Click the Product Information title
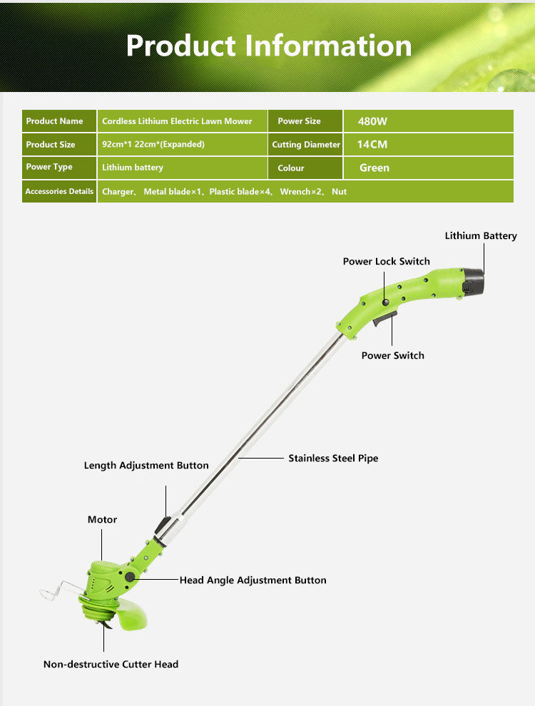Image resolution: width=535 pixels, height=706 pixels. point(268,46)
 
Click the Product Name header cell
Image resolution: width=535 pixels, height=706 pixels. point(59,121)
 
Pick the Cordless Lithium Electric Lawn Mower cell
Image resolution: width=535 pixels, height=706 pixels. point(182,121)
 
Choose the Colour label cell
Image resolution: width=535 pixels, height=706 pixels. point(305,168)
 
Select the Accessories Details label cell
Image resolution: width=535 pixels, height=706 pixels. point(59,191)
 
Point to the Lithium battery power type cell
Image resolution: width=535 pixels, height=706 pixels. point(182,168)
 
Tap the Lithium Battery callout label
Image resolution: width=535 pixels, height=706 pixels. point(481,235)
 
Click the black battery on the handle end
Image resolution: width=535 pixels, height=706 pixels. point(472,282)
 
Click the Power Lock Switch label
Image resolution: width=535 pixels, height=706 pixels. point(386,262)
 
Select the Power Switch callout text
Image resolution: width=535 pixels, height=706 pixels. point(392,355)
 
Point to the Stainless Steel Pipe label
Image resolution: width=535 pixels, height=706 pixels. point(333,458)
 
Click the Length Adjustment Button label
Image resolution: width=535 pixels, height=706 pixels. point(146,466)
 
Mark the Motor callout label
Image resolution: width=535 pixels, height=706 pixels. point(102,520)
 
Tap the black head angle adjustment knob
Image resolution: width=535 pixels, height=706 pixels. point(130,578)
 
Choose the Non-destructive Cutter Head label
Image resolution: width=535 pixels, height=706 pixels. point(111,664)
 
